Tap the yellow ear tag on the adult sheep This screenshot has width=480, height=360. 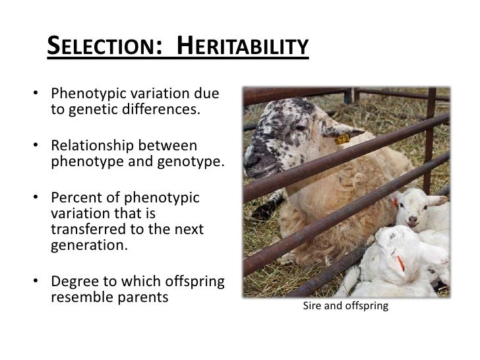342,139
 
